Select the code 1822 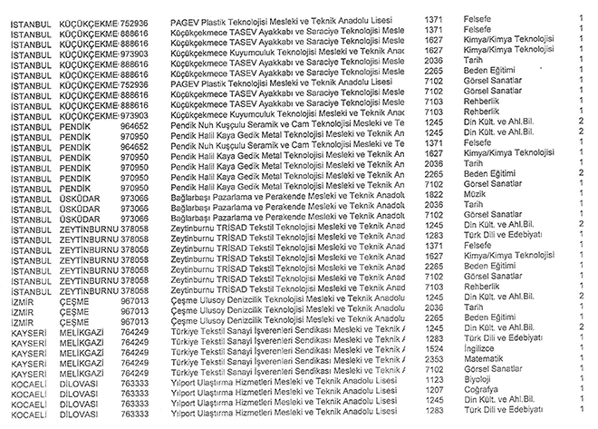(x=432, y=193)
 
